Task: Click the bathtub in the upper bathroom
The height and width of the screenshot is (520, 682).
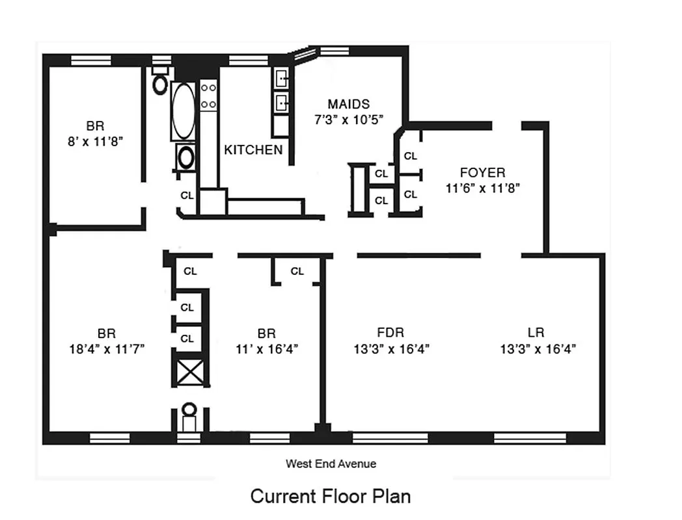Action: [x=184, y=110]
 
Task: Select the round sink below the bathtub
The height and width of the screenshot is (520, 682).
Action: [x=186, y=157]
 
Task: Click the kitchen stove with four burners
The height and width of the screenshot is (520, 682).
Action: [x=208, y=96]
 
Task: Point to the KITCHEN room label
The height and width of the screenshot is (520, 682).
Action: [x=253, y=150]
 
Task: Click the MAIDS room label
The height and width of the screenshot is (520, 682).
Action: [x=348, y=104]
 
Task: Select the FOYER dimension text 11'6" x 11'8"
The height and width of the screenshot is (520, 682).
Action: [x=482, y=188]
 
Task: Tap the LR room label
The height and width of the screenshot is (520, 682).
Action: [x=537, y=333]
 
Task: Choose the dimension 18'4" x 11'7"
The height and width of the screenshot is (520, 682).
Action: [x=107, y=349]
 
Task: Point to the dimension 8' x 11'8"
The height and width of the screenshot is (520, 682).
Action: [x=95, y=142]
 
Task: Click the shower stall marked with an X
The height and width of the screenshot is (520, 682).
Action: [x=192, y=373]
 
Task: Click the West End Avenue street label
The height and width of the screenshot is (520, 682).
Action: [x=331, y=464]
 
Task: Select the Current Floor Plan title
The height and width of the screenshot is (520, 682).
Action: [x=331, y=496]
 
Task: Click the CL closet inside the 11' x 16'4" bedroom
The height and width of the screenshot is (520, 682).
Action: [x=297, y=271]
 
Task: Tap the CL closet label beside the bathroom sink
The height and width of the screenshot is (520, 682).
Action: [x=187, y=195]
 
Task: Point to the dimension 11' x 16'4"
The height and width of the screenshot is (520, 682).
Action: [x=266, y=349]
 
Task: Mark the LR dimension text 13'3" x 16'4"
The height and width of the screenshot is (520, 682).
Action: [x=538, y=349]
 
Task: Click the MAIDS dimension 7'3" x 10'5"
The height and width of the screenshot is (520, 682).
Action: [x=348, y=120]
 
